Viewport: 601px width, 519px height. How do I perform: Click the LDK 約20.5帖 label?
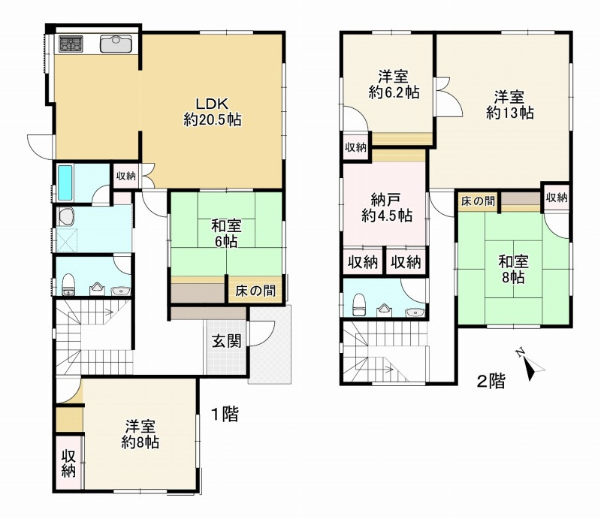[213, 112]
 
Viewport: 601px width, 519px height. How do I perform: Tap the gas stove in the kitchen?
[71, 44]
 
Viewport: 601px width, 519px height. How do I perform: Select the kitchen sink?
[116, 44]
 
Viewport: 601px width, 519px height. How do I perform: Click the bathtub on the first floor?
[65, 183]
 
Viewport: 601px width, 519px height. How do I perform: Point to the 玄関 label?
[227, 341]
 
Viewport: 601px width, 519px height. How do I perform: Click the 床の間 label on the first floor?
[255, 291]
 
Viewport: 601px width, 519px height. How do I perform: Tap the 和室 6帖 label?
[227, 234]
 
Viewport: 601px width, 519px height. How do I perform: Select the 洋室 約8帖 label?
[140, 434]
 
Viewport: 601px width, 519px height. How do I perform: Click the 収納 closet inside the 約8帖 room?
[68, 463]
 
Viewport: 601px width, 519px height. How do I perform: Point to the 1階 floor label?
[225, 414]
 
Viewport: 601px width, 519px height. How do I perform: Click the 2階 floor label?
[491, 381]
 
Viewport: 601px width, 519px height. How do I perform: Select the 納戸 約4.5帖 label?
[387, 208]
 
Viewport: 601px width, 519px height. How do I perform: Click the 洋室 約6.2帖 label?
[394, 85]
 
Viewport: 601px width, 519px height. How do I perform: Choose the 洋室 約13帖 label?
[509, 104]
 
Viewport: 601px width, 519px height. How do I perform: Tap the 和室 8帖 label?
[513, 269]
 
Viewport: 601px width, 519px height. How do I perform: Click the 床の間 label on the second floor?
[478, 201]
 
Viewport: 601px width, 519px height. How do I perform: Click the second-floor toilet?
[360, 305]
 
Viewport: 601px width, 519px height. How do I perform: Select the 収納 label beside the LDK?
[125, 177]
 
